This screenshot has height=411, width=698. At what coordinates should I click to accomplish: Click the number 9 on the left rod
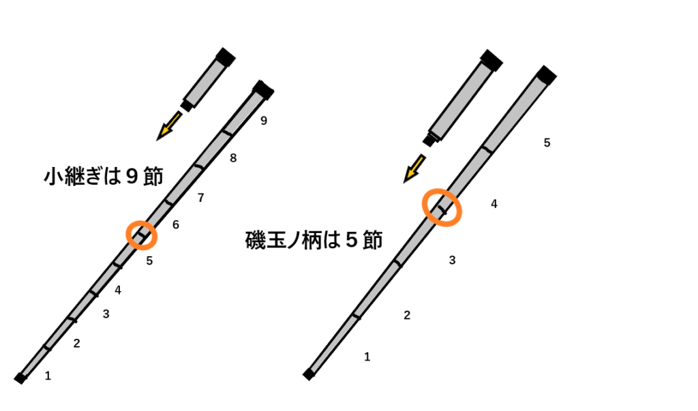(x=264, y=121)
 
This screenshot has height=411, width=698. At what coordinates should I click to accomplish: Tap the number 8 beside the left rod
(x=233, y=158)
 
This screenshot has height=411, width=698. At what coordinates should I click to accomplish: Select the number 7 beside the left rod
(x=200, y=198)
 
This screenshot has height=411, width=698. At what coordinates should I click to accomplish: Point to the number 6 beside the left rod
(x=176, y=225)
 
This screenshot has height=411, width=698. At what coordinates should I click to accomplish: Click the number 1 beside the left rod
(x=48, y=375)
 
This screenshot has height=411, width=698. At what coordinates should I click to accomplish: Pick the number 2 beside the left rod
(x=76, y=344)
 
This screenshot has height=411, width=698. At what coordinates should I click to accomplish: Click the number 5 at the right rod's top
(x=547, y=142)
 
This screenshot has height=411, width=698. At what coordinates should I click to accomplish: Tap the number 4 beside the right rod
(x=494, y=204)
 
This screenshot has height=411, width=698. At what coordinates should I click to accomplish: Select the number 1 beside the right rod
(x=367, y=356)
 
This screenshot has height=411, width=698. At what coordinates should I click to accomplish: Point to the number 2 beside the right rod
(x=407, y=315)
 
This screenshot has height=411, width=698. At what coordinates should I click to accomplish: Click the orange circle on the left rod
(x=142, y=235)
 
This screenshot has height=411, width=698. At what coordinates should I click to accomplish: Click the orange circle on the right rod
(x=442, y=207)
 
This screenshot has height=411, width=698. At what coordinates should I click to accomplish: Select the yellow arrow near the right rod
(x=414, y=168)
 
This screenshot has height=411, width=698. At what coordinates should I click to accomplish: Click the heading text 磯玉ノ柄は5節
(x=314, y=240)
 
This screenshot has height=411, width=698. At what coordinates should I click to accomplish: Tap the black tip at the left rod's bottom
(x=20, y=378)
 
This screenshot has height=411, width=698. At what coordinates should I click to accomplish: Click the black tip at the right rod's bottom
(x=308, y=374)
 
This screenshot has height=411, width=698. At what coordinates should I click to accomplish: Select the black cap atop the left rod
(x=262, y=89)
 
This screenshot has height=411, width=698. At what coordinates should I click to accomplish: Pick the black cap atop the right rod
(x=546, y=74)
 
